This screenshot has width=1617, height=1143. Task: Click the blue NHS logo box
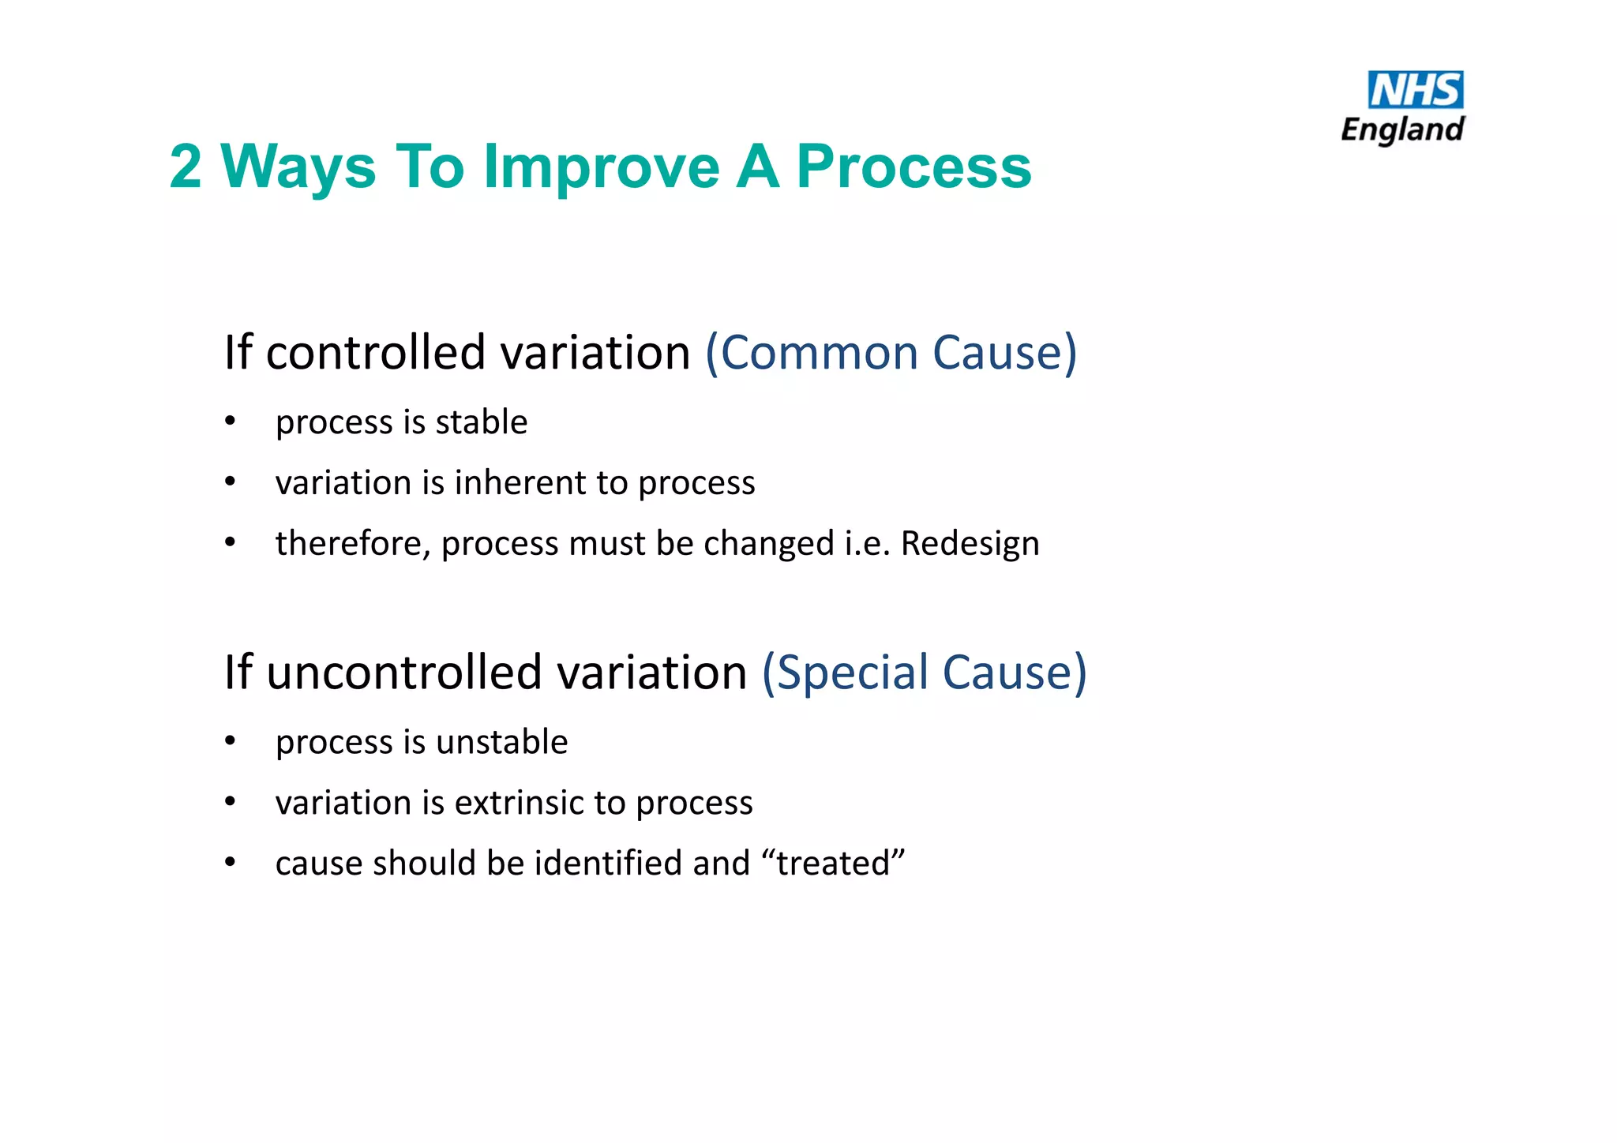(1415, 89)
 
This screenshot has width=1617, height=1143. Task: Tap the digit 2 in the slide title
(186, 167)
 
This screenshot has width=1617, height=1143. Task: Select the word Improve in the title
(602, 167)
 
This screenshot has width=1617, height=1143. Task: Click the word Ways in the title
(298, 167)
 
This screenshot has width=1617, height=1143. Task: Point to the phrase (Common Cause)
(891, 352)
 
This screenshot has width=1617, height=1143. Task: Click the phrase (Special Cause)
(924, 673)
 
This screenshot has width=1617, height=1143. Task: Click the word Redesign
(970, 544)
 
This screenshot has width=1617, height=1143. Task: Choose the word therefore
(352, 544)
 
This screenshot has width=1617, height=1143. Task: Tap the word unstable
(501, 742)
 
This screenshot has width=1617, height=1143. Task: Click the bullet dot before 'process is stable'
(230, 421)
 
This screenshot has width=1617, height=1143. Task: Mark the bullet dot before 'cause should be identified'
(230, 861)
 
